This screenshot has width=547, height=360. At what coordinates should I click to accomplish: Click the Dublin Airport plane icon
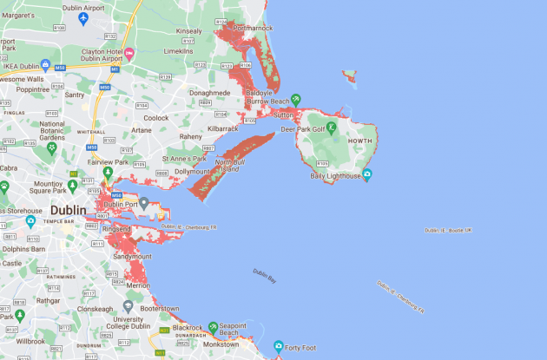tap(83, 18)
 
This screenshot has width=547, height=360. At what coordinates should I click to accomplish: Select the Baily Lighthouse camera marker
tap(366, 176)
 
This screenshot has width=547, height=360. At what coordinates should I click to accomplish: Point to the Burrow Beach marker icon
tap(296, 100)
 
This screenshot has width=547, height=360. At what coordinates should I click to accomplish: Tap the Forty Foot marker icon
tap(279, 346)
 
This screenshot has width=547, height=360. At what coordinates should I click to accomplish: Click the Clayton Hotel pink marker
tap(129, 55)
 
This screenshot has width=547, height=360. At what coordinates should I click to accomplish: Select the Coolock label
tap(156, 118)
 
